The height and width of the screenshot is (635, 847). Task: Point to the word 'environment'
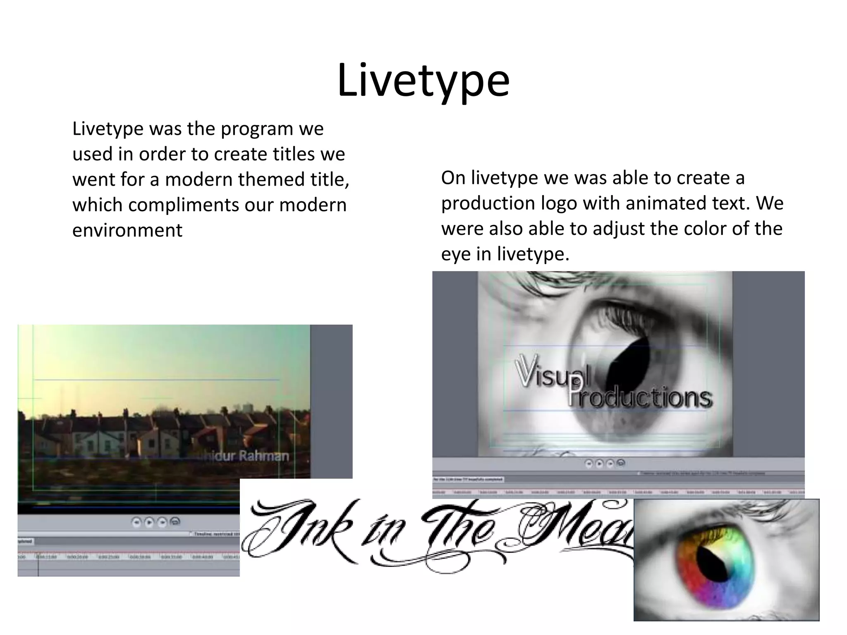pyautogui.click(x=127, y=230)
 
